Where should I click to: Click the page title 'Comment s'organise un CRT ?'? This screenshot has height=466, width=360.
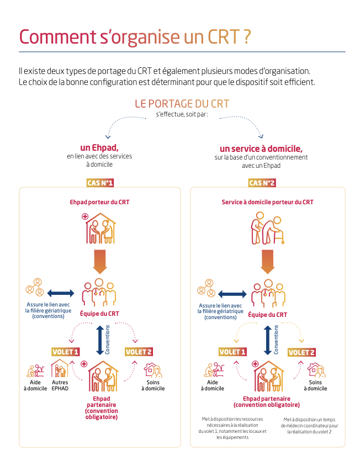pyautogui.click(x=135, y=37)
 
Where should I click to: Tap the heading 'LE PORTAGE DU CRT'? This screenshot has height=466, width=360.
pyautogui.click(x=182, y=104)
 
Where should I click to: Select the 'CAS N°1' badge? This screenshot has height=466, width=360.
pyautogui.click(x=100, y=183)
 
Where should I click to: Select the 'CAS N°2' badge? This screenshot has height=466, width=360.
pyautogui.click(x=262, y=183)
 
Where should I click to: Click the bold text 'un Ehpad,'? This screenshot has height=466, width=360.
pyautogui.click(x=99, y=147)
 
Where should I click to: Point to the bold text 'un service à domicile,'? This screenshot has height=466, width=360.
pyautogui.click(x=261, y=149)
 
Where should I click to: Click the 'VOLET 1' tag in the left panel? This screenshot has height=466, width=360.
pyautogui.click(x=66, y=352)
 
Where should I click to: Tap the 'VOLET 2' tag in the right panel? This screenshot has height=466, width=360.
pyautogui.click(x=301, y=352)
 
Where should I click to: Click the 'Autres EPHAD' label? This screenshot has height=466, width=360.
pyautogui.click(x=60, y=385)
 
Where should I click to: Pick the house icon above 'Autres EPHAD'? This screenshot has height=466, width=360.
pyautogui.click(x=60, y=368)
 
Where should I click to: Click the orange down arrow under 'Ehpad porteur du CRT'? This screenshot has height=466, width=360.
pyautogui.click(x=100, y=261)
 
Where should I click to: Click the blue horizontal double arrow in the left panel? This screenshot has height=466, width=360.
pyautogui.click(x=61, y=292)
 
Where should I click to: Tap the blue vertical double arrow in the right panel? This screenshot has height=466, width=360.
pyautogui.click(x=268, y=340)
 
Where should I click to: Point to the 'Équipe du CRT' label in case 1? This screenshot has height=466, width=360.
pyautogui.click(x=99, y=314)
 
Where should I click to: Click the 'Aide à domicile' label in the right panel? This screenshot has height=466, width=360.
pyautogui.click(x=212, y=385)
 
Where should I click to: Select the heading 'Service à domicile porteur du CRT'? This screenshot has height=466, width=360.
pyautogui.click(x=267, y=202)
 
